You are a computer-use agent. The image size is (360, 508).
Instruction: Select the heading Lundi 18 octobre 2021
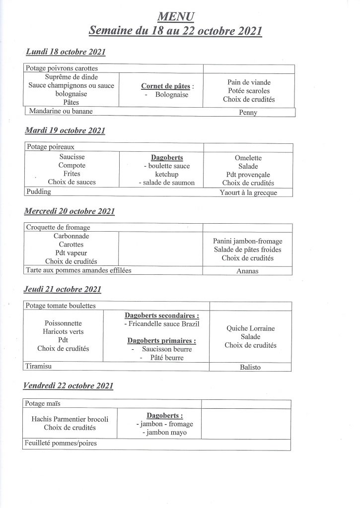(65, 52)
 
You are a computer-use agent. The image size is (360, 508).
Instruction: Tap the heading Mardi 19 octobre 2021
(65, 131)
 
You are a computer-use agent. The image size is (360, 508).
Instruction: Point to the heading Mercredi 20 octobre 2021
(70, 211)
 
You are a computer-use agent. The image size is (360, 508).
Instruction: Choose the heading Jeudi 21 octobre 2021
(63, 289)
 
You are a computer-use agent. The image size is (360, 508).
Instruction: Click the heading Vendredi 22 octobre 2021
(69, 385)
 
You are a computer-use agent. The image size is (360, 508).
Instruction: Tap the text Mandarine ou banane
(61, 111)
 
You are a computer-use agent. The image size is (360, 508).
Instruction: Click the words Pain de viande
(249, 82)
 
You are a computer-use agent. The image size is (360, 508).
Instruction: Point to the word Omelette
(248, 158)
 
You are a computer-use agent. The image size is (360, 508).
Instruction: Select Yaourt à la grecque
(248, 192)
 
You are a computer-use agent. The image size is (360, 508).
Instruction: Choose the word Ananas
(248, 271)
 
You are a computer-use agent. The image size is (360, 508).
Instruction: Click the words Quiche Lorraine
(250, 328)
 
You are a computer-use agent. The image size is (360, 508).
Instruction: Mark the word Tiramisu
(40, 366)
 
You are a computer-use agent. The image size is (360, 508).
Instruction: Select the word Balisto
(250, 368)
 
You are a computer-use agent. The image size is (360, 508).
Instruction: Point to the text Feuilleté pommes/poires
(60, 444)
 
